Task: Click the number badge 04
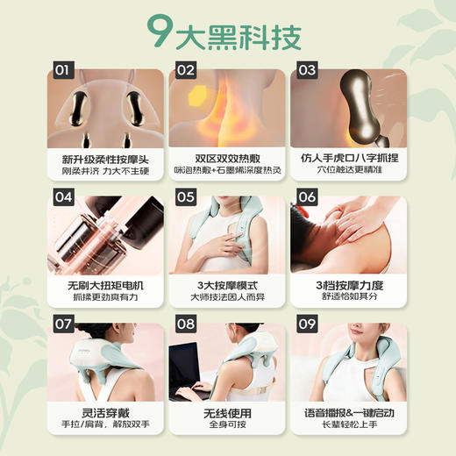(63, 197)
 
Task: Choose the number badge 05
(185, 197)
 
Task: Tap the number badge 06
(306, 197)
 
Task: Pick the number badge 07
(63, 324)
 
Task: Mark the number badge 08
(185, 324)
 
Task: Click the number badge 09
(306, 324)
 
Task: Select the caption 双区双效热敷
(226, 159)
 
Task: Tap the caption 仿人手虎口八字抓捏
(348, 159)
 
